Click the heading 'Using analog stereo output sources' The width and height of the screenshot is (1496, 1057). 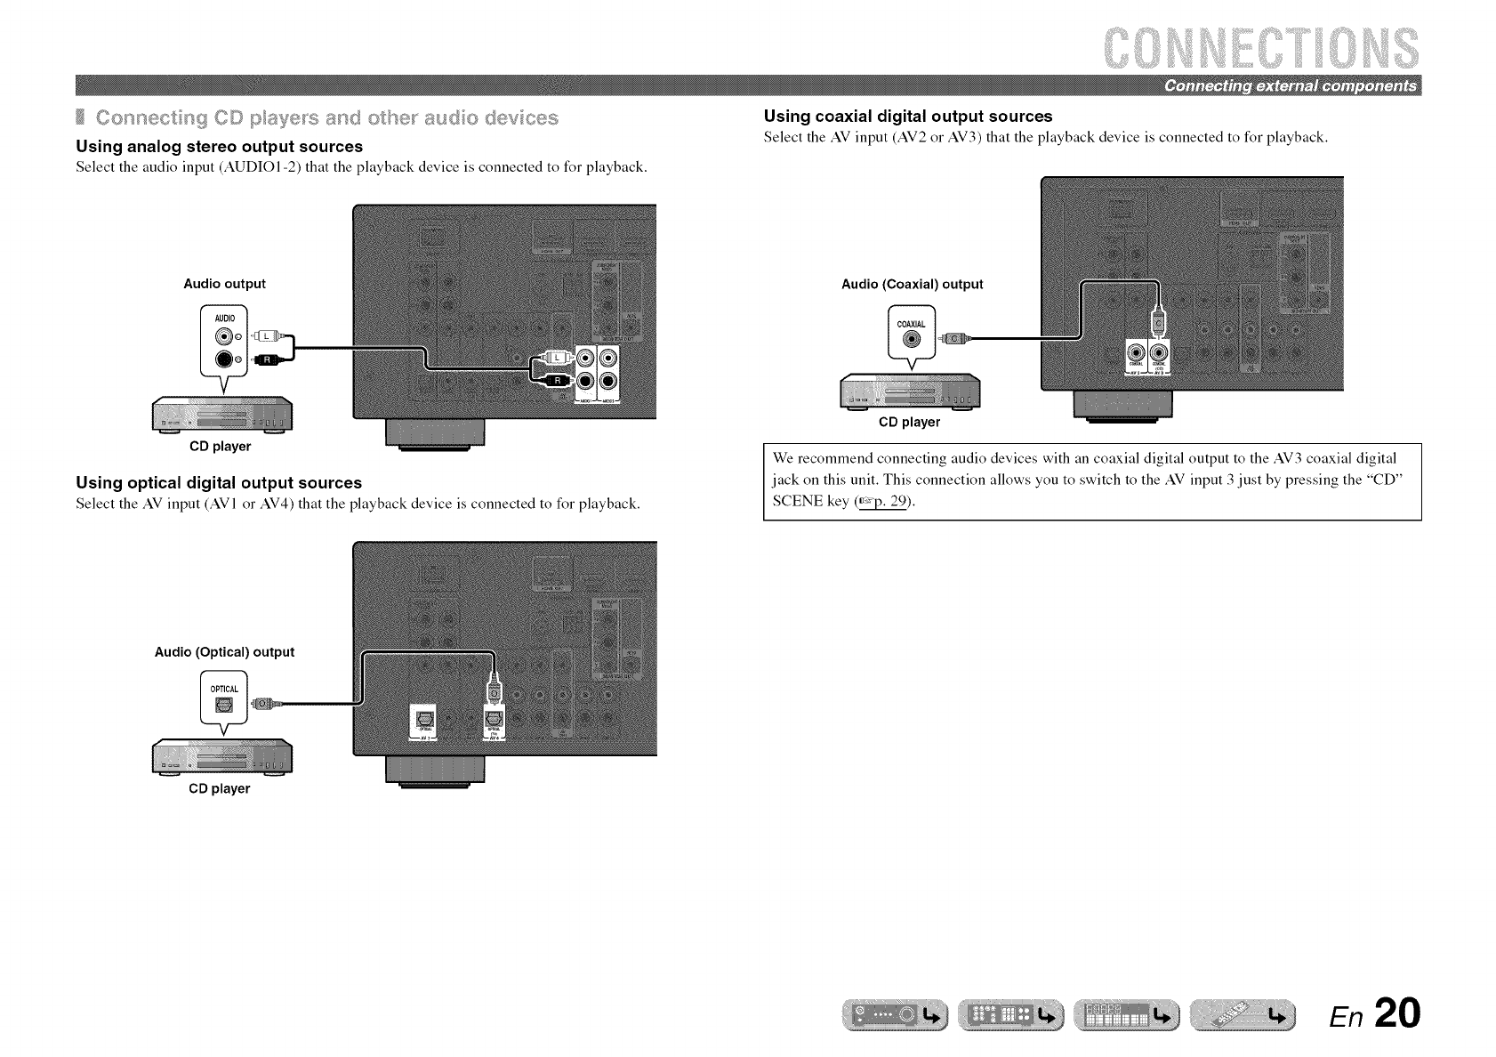tap(220, 147)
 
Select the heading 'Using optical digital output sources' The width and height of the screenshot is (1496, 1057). tap(219, 483)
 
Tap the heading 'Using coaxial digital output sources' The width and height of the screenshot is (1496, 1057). tap(908, 117)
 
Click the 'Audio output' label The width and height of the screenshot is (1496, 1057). tap(224, 284)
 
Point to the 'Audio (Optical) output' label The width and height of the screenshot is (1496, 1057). tap(224, 652)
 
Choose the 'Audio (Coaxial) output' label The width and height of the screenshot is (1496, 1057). tap(912, 285)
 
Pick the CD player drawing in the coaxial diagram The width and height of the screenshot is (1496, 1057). tap(909, 390)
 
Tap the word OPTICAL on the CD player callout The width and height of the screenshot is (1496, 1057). tap(224, 688)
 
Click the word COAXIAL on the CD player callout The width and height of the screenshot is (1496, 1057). tap(911, 324)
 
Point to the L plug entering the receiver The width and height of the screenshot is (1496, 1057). tap(553, 358)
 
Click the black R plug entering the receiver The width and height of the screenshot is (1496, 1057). tap(553, 381)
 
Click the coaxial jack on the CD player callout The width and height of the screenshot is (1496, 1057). tap(910, 339)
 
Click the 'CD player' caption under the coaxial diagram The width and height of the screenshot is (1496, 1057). tap(909, 423)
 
